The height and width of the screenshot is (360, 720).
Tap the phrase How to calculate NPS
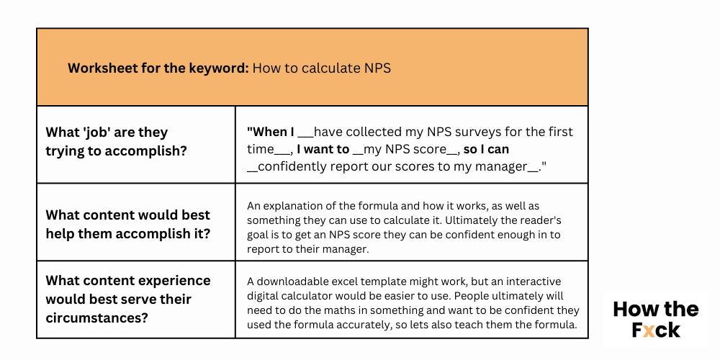(321, 68)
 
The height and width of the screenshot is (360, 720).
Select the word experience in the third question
(174, 280)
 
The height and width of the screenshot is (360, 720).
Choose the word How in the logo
(632, 310)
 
